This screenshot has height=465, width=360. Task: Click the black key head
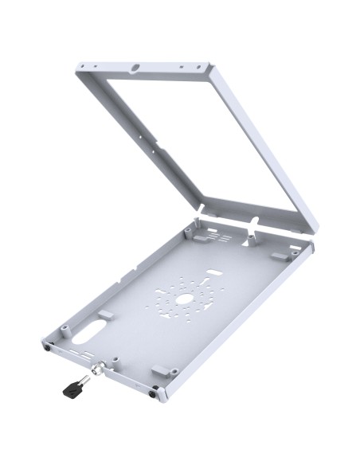[69, 388]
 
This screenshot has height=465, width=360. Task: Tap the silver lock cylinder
[100, 369]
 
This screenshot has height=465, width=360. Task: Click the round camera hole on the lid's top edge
[137, 68]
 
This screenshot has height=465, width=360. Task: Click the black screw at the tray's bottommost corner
[155, 390]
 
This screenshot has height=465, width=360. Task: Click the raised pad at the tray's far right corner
[280, 257]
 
